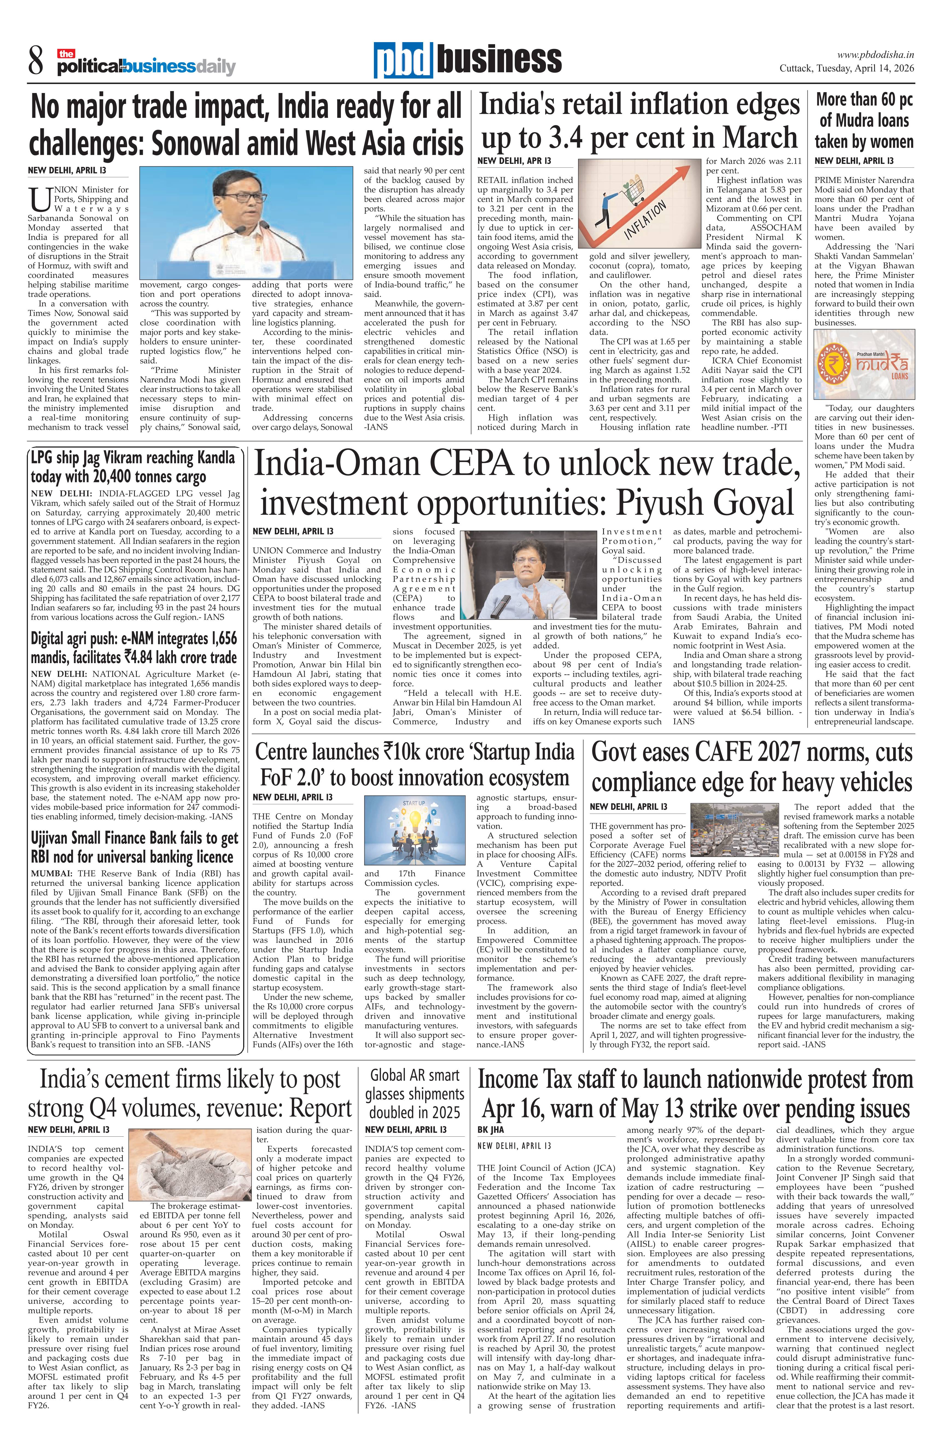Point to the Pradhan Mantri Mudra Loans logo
(x=864, y=365)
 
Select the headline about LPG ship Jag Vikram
(x=133, y=467)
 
